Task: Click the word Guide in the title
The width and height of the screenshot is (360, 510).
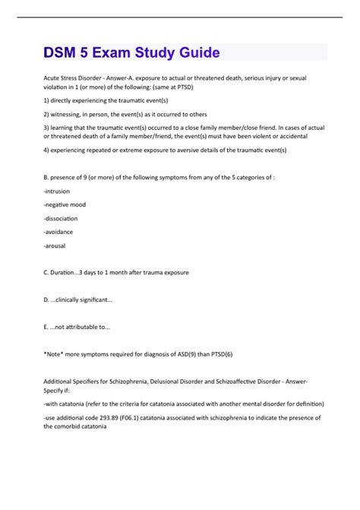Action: point(194,52)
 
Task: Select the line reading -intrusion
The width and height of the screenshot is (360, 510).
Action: point(58,192)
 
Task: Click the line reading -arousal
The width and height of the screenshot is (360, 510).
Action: point(57,246)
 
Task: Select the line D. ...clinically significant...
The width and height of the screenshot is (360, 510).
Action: point(78,299)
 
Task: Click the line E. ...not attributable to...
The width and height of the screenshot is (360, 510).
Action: point(77,327)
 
